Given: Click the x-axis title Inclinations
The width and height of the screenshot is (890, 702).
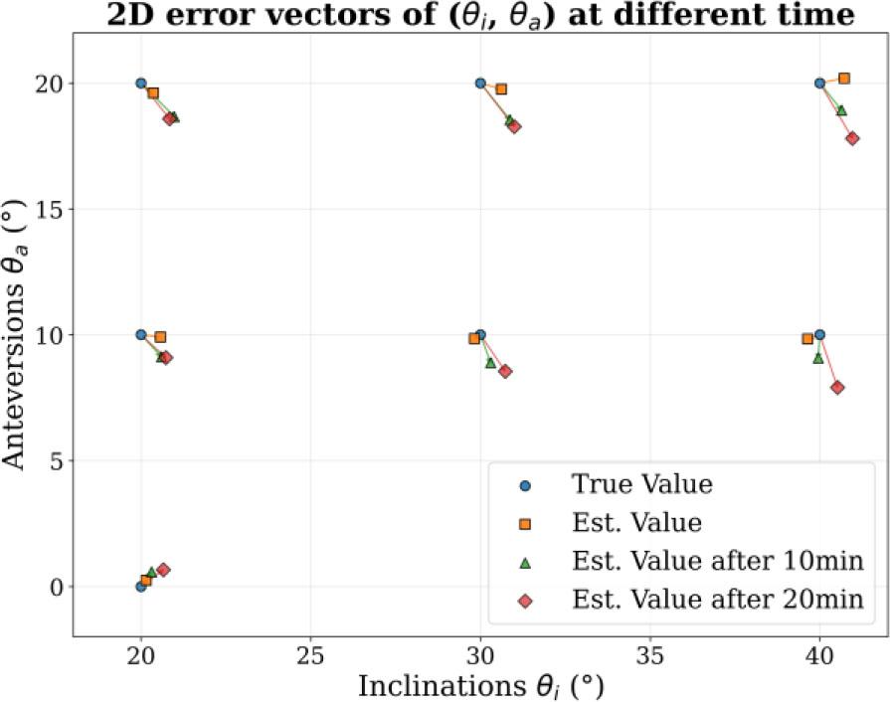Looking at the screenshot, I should [480, 685].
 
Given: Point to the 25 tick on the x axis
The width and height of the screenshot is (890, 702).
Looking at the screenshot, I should [311, 656].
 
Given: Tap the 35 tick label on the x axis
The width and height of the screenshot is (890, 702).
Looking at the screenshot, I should [650, 656].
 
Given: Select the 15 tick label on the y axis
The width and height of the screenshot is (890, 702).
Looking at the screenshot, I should [52, 209].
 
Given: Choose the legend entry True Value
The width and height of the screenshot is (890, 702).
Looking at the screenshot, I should [641, 484].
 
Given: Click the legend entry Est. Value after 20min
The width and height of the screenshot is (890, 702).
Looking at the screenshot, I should [716, 599].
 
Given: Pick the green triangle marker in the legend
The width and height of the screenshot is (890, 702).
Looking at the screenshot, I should [526, 562].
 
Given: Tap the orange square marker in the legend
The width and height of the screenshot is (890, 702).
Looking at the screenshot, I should [526, 523].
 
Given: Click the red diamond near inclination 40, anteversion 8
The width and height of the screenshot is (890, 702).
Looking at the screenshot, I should [837, 387].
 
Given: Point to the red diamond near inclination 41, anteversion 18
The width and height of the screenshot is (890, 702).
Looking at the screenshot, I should [852, 138].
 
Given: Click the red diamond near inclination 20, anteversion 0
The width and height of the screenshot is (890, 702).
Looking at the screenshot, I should [163, 570].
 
